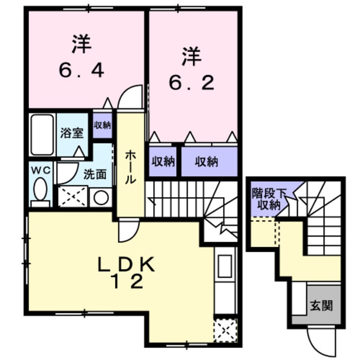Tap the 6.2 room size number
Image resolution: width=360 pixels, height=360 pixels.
pyautogui.click(x=191, y=83)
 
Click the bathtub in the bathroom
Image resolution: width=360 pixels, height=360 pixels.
pyautogui.click(x=42, y=135)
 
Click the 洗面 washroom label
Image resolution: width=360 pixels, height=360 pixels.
pyautogui.click(x=94, y=174)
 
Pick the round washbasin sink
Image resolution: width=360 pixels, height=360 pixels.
pyautogui.click(x=101, y=197)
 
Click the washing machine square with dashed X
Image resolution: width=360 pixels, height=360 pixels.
pyautogui.click(x=72, y=197)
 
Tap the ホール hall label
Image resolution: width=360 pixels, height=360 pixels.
pyautogui.click(x=130, y=168)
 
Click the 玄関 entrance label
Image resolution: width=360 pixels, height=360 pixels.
pyautogui.click(x=321, y=305)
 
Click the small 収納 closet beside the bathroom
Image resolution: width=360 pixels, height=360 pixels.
pyautogui.click(x=102, y=125)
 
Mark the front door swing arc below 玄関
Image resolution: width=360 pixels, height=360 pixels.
pyautogui.click(x=317, y=341)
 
